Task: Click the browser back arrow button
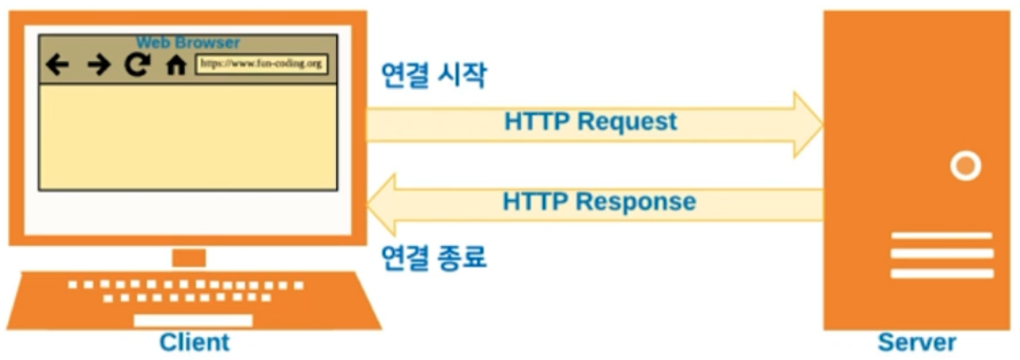pos(58,65)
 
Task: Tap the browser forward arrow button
pos(98,65)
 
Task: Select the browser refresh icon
pos(136,65)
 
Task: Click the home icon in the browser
pos(176,65)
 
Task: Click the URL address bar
pos(261,64)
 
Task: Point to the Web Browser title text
pos(188,42)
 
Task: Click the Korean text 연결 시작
pos(433,75)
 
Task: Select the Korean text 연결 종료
pos(433,257)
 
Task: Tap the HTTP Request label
pos(590,122)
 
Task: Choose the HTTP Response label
pos(599,202)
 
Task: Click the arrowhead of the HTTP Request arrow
pos(808,125)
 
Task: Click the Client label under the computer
pos(194,342)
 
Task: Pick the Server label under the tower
pos(916,342)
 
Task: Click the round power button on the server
pos(965,165)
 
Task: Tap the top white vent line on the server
pos(941,236)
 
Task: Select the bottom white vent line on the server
pos(941,273)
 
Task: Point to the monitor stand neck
pos(188,257)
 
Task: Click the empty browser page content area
pos(188,137)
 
